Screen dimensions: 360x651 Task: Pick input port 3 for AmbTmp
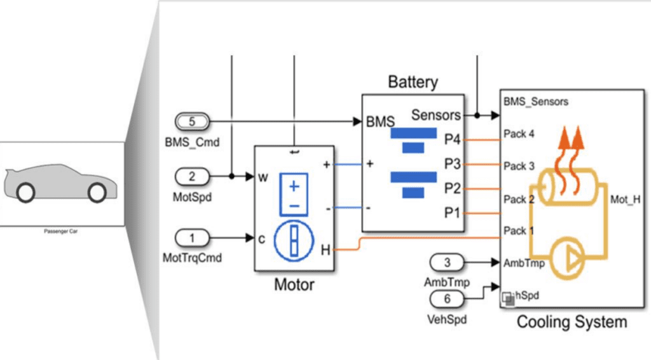pos(448,261)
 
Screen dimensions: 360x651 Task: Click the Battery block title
pos(413,82)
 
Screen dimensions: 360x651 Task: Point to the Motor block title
pos(294,284)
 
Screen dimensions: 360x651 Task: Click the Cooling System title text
pos(571,322)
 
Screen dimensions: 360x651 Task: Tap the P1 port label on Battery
pos(452,213)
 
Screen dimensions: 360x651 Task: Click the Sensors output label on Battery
pos(436,115)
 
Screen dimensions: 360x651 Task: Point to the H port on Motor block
pos(325,250)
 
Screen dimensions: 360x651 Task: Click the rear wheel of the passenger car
pos(25,191)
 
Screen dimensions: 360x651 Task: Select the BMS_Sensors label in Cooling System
pos(535,101)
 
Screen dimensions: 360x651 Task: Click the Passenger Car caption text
pos(60,232)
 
